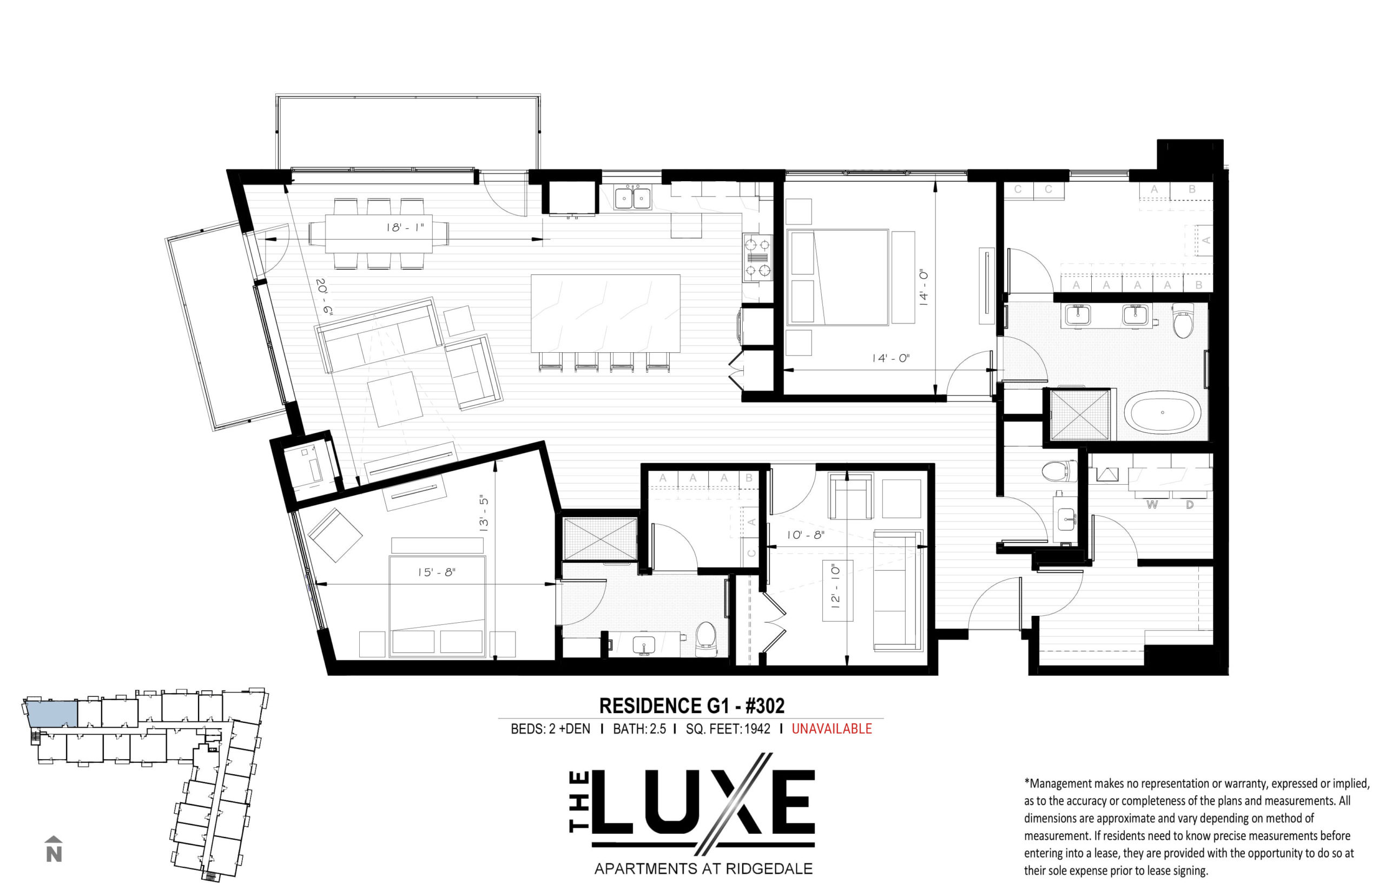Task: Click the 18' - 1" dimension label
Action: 405,227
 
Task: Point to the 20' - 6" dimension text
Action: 324,297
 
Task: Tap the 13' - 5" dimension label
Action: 483,512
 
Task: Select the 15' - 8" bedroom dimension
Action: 436,572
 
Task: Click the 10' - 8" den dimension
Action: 806,534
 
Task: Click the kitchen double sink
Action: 633,198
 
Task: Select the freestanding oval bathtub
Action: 1162,412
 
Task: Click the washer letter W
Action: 1152,504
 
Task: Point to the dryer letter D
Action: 1190,504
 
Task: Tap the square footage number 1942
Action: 757,728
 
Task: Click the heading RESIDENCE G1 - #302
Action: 691,706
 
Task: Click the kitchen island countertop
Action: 605,313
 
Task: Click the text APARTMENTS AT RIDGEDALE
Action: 703,868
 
